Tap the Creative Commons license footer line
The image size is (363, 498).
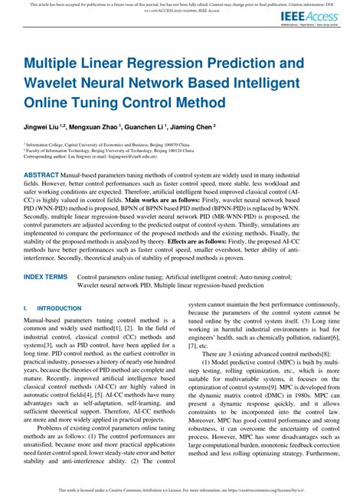[x=181, y=490]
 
